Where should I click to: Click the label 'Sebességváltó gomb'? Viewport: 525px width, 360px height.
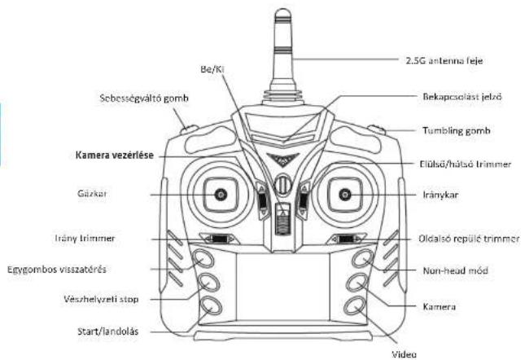tap(144, 99)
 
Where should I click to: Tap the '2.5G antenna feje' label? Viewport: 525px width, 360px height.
tap(444, 60)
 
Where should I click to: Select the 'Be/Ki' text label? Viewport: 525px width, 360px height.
tap(212, 69)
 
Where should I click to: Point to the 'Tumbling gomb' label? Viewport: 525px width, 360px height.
tap(457, 130)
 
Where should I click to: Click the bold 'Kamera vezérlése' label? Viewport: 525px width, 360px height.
tap(115, 155)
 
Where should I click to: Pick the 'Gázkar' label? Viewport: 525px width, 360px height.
tap(92, 194)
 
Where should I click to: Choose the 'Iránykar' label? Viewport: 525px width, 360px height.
tap(440, 195)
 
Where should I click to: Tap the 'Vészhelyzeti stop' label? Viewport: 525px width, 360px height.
tap(101, 299)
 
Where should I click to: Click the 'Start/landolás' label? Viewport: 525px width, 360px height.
tap(107, 331)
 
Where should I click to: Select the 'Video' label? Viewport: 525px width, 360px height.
tap(405, 354)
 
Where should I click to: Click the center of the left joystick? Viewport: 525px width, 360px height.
tap(221, 194)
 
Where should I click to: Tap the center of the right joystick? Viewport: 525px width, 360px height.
tap(345, 194)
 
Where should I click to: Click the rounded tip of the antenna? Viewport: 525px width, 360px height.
tap(283, 14)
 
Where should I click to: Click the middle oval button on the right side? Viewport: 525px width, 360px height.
tap(357, 283)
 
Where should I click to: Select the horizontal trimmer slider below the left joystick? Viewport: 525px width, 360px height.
tap(220, 239)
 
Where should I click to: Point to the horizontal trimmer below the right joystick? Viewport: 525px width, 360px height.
tap(346, 239)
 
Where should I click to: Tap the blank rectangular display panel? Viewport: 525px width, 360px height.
tap(283, 287)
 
